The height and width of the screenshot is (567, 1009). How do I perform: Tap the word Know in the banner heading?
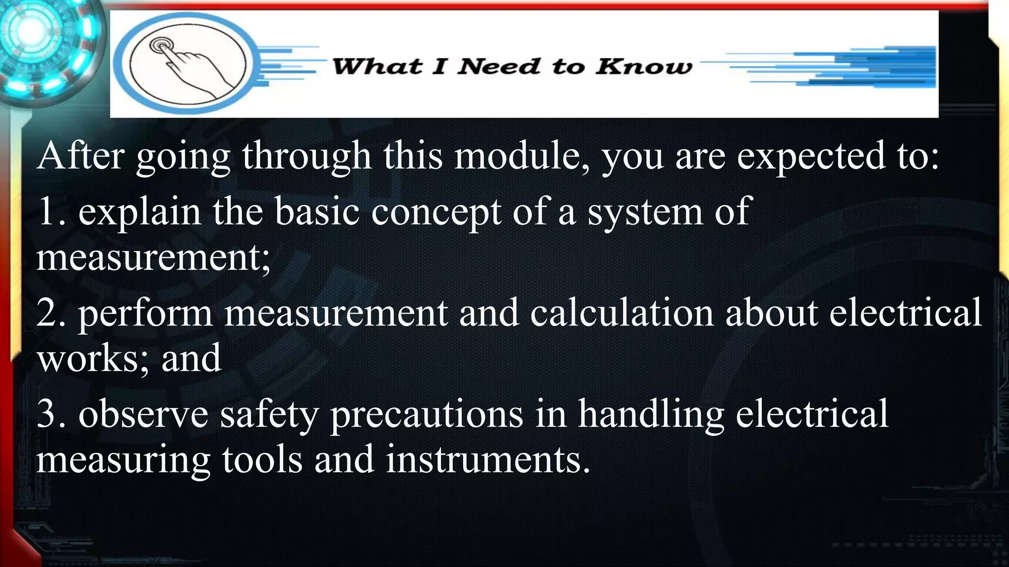pos(643,66)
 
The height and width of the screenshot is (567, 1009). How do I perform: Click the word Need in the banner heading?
pos(498,66)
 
